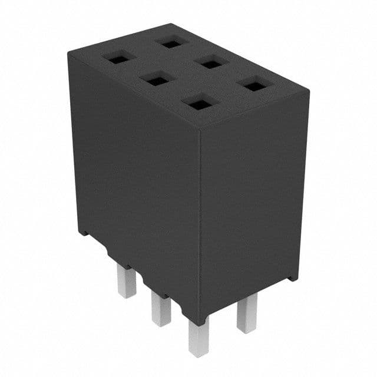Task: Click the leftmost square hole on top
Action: coord(118,58)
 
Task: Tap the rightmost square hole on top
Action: coord(254,86)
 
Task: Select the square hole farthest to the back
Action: coord(172,42)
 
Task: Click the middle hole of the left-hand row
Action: coord(158,79)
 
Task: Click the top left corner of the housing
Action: coord(68,51)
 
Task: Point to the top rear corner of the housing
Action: coord(171,25)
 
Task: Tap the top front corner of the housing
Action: coord(200,128)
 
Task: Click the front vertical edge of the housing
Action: coord(200,224)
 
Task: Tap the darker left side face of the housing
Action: coord(135,177)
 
